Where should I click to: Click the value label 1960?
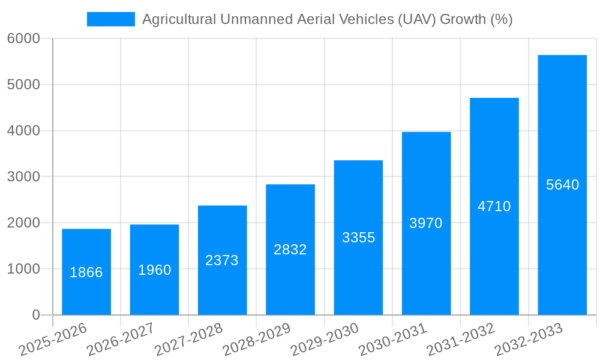coord(155,270)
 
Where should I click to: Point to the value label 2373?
coord(222,260)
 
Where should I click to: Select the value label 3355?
coord(358,238)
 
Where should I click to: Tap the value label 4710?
coord(494,206)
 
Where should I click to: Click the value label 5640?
coord(562,185)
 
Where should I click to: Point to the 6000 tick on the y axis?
coord(23,38)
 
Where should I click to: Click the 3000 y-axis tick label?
coord(23,177)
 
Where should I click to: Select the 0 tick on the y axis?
coord(35,315)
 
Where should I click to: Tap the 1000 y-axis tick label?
coord(23,269)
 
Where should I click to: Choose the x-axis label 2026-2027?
coord(121,339)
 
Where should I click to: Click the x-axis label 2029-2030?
coord(325,339)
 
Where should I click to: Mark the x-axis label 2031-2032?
coord(461,339)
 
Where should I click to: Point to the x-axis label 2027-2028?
coord(188,339)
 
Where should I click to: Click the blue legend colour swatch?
coord(111,19)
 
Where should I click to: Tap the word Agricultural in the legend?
coord(179,19)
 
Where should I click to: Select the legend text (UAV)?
coord(416,19)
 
